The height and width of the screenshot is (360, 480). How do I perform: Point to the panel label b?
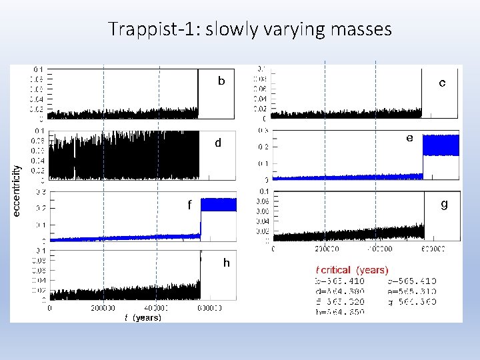click(221, 81)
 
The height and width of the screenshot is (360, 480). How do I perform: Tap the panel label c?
click(442, 83)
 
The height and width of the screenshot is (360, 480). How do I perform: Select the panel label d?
click(217, 143)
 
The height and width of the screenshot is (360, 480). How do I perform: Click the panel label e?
click(409, 138)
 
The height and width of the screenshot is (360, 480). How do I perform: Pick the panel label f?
click(189, 205)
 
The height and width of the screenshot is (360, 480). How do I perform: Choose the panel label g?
click(444, 204)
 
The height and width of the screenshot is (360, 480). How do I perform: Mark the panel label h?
click(226, 263)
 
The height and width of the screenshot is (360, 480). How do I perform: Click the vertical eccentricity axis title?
click(17, 190)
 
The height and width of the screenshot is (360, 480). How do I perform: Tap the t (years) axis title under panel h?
click(143, 318)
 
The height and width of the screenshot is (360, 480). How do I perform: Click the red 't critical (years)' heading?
click(351, 270)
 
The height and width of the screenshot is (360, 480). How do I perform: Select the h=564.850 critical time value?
click(340, 311)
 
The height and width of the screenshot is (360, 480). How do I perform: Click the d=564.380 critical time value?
click(340, 291)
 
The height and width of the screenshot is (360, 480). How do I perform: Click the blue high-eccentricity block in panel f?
click(219, 204)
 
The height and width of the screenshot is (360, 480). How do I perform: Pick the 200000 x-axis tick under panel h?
click(103, 309)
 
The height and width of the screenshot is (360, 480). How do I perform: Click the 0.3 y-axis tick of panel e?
click(264, 131)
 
